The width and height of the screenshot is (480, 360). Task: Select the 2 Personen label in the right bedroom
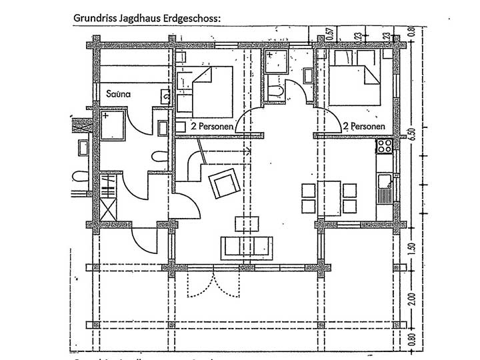click(x=363, y=125)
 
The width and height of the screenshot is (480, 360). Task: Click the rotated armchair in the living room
click(x=223, y=183)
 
